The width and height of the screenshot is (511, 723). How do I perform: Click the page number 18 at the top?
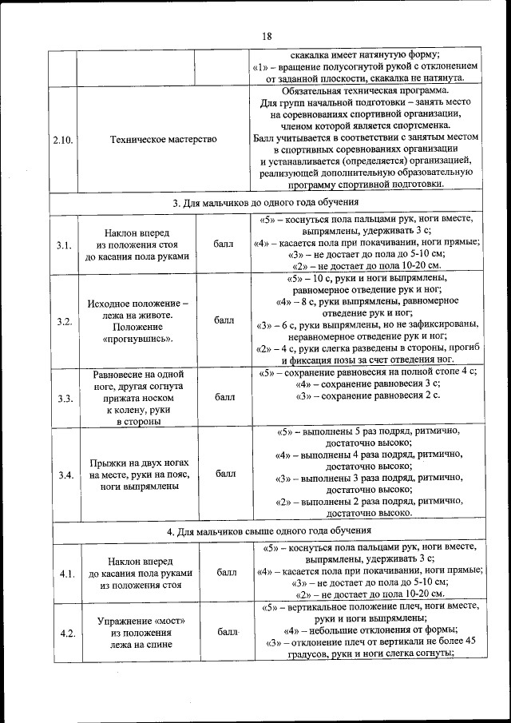[x=267, y=35]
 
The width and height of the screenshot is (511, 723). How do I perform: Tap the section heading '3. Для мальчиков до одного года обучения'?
[x=267, y=204]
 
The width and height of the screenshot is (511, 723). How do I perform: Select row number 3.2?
[x=65, y=320]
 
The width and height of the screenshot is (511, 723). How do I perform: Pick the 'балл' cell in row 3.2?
[x=224, y=320]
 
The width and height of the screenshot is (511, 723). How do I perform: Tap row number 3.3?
[x=65, y=398]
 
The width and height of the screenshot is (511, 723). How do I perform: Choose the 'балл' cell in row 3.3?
[x=224, y=397]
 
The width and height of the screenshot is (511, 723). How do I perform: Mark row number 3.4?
[x=65, y=475]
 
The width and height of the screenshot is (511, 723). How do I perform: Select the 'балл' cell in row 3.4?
[x=224, y=474]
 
